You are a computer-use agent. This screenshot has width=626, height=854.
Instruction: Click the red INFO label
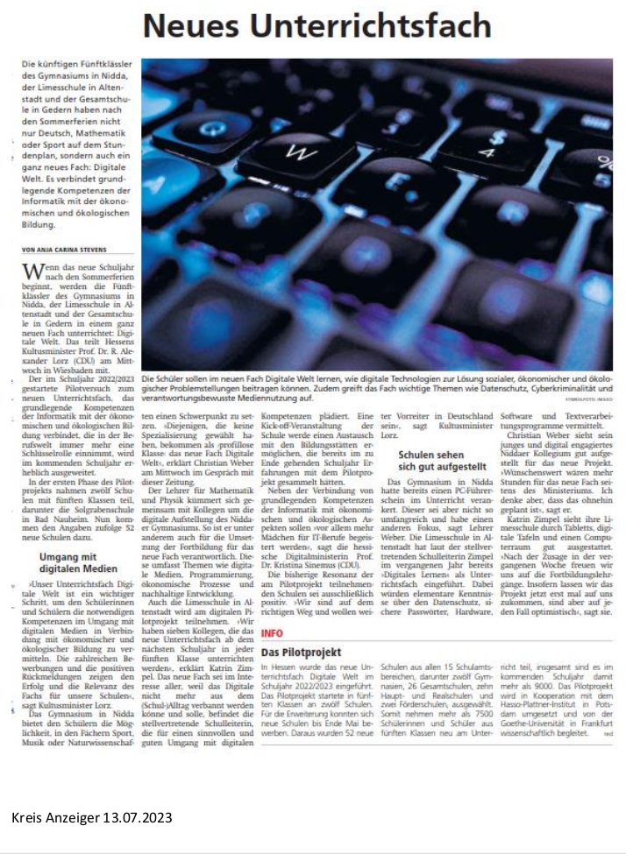click(x=271, y=632)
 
